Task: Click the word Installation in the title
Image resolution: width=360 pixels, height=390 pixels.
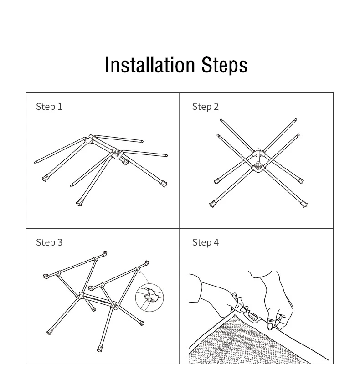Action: pyautogui.click(x=149, y=65)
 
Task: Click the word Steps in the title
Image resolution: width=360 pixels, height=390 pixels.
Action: pyautogui.click(x=224, y=66)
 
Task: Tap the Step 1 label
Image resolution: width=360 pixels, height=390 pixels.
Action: pyautogui.click(x=49, y=107)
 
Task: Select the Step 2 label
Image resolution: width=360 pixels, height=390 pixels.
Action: pyautogui.click(x=205, y=107)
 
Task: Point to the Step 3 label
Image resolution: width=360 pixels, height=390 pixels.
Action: pyautogui.click(x=49, y=242)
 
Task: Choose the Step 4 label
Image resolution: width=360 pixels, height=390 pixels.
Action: pyautogui.click(x=205, y=242)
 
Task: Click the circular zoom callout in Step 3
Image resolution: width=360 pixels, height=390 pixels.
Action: pyautogui.click(x=149, y=298)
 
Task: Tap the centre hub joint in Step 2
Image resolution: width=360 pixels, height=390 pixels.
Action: pyautogui.click(x=258, y=160)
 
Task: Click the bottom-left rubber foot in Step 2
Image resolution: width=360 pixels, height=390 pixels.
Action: pyautogui.click(x=212, y=205)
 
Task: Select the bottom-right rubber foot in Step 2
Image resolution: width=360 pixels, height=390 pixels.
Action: pyautogui.click(x=304, y=205)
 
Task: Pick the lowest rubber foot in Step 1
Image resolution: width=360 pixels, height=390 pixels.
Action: pyautogui.click(x=79, y=202)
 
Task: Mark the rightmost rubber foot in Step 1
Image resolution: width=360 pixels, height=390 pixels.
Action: pyautogui.click(x=164, y=184)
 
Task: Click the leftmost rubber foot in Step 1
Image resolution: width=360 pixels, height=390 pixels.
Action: pyautogui.click(x=45, y=178)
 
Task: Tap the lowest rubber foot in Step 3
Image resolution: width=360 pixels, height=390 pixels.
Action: pyautogui.click(x=100, y=349)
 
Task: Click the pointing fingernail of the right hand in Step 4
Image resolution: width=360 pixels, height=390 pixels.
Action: pyautogui.click(x=270, y=326)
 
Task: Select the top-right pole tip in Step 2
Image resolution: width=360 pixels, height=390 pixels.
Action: pyautogui.click(x=296, y=120)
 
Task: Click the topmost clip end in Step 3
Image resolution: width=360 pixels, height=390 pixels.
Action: pyautogui.click(x=104, y=253)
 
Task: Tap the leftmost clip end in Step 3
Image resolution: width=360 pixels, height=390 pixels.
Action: pyautogui.click(x=46, y=276)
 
